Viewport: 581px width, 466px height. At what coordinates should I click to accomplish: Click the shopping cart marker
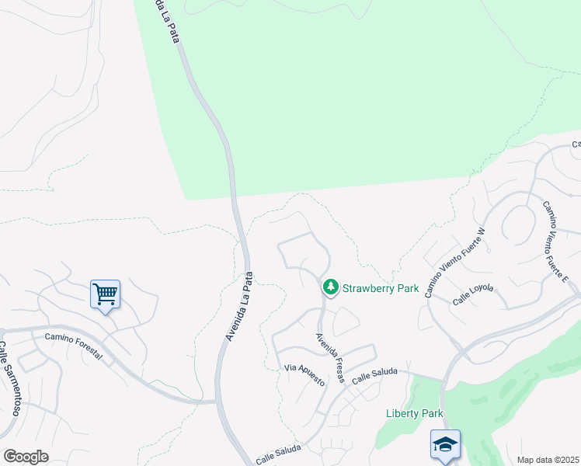pos(105,294)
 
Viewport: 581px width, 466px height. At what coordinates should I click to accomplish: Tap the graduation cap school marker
pos(445,444)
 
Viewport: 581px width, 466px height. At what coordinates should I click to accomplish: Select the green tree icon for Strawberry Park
pos(331,288)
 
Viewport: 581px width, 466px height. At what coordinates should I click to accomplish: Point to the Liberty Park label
pos(414,413)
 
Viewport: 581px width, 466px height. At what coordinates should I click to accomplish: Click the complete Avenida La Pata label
pos(240,306)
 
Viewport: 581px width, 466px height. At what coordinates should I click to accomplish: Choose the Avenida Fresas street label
pos(329,357)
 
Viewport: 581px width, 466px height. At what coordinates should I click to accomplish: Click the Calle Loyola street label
pos(473,294)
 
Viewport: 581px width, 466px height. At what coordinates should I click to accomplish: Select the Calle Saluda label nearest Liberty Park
pos(374,377)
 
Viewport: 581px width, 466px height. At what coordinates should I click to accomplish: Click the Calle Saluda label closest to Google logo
pos(278,456)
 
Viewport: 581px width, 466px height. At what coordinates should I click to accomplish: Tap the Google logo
pos(26,457)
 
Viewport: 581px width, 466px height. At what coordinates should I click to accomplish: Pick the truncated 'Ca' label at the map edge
pos(576,144)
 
